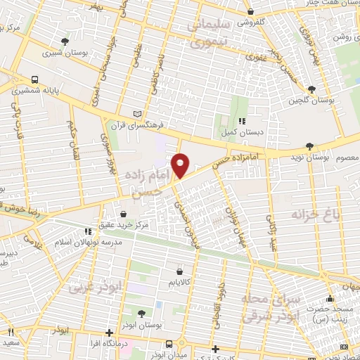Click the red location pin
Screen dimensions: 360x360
(181, 165)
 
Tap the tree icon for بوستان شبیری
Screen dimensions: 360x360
(65, 41)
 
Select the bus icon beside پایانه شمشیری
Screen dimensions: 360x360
(34, 79)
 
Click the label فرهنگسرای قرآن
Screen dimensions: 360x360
(164, 125)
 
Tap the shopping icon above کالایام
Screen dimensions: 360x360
(181, 271)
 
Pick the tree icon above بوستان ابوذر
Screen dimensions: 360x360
(141, 314)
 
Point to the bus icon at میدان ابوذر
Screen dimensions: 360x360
(169, 344)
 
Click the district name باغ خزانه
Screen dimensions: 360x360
(316, 212)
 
